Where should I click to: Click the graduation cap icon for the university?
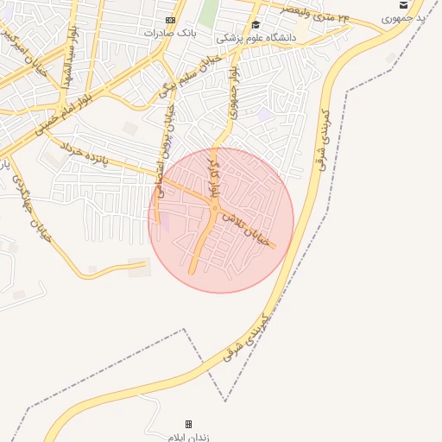pyautogui.click(x=256, y=25)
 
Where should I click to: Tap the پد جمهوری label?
pyautogui.click(x=408, y=17)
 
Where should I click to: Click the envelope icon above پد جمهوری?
pyautogui.click(x=402, y=4)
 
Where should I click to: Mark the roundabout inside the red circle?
pyautogui.click(x=213, y=208)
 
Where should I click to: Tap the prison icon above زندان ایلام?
pyautogui.click(x=188, y=424)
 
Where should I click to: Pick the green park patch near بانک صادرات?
pyautogui.click(x=208, y=12)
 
